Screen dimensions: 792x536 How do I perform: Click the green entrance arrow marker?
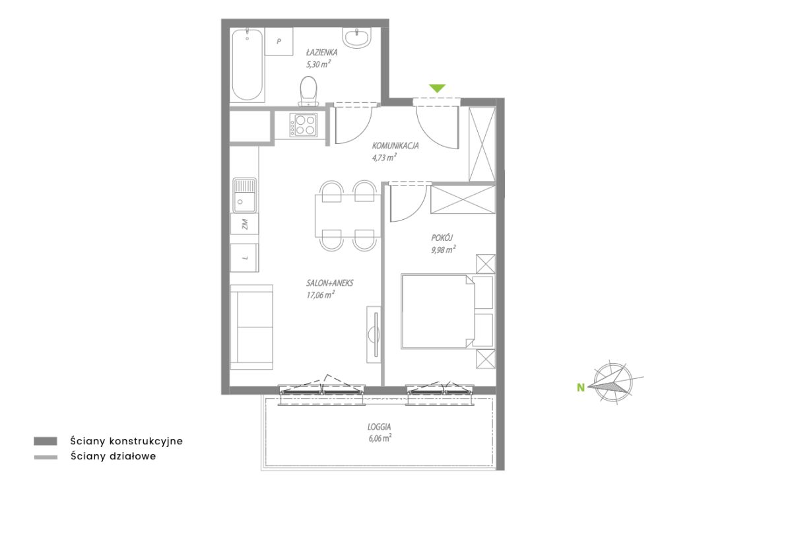point(437,88)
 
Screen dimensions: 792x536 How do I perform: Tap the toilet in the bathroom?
point(308,91)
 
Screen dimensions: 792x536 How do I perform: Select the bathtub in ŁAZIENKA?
point(247,65)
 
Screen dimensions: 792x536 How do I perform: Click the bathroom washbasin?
point(357,38)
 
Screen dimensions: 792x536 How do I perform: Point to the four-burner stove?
point(304,125)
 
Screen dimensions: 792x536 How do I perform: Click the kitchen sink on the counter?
point(244,195)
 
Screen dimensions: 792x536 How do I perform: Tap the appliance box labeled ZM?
point(244,224)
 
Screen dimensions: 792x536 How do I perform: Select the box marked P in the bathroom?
point(279,42)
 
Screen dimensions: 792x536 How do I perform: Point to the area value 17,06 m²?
point(320,295)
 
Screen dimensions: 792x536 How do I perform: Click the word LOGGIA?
point(379,426)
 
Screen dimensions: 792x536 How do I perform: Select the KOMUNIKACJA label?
point(395,146)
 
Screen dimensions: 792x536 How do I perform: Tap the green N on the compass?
point(581,388)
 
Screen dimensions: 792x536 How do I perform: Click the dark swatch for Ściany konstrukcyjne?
point(46,441)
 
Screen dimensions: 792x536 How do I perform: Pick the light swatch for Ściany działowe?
point(46,457)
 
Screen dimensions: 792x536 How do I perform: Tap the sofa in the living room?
point(251,327)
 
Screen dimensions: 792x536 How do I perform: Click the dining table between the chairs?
point(348,216)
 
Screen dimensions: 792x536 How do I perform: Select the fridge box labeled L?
point(244,257)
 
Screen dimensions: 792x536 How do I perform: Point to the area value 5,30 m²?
point(318,64)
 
